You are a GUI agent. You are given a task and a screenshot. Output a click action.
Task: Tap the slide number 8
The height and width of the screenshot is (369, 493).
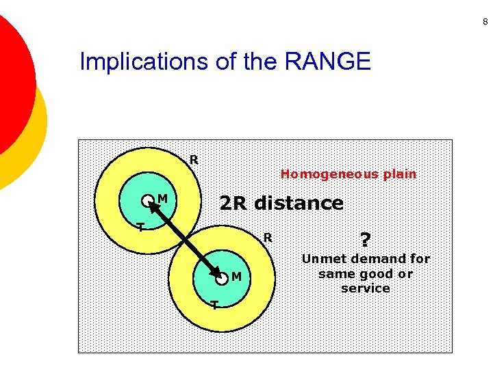point(485,23)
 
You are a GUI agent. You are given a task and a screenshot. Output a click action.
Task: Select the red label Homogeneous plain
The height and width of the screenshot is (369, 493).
point(348,174)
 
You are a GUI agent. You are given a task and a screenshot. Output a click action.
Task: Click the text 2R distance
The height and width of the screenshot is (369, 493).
point(281,203)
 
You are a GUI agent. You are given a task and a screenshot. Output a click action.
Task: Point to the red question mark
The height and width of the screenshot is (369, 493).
point(365,240)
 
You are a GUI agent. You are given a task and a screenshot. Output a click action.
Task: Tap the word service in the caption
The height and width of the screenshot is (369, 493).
point(365,288)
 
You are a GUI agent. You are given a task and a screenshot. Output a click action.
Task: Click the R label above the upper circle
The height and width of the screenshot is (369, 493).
point(194,160)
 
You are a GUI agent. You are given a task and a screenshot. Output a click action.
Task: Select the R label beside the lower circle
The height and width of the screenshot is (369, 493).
point(268,238)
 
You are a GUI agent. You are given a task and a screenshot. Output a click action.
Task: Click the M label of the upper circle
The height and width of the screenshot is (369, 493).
point(162,199)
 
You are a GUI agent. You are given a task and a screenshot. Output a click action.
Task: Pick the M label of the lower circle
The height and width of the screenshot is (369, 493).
point(236,277)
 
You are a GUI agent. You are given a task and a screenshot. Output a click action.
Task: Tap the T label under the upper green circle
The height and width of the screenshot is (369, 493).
point(140,228)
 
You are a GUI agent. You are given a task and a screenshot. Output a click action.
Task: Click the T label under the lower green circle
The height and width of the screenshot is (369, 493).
point(214,305)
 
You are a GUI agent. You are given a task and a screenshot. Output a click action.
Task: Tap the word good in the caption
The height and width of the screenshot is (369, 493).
point(375,274)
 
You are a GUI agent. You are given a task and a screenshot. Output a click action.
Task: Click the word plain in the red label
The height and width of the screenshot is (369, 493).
point(400,174)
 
